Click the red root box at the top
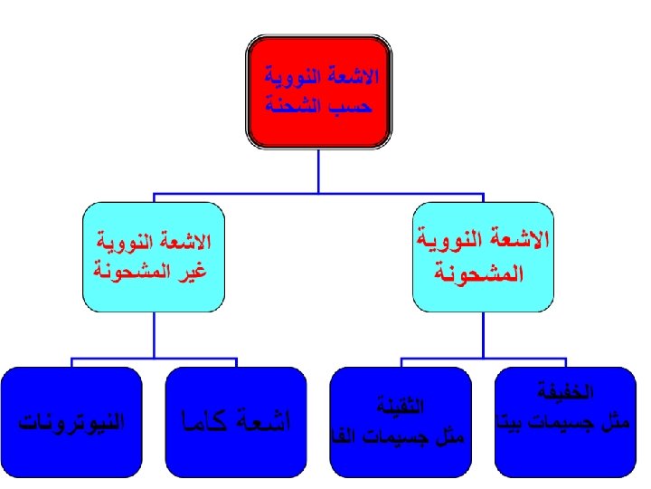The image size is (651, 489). [318, 91]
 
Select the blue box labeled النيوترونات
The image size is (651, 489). [71, 421]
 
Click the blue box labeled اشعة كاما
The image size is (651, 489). [236, 421]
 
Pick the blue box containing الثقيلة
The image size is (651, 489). [401, 421]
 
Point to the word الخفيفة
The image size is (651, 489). [564, 393]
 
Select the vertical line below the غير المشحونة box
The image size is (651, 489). [154, 335]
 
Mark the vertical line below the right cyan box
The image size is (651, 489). [483, 335]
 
